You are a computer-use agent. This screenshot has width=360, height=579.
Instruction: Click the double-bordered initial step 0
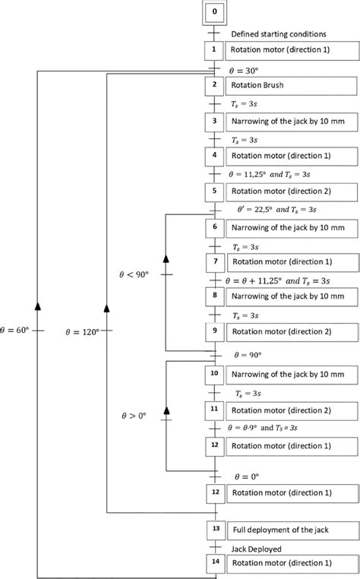214,12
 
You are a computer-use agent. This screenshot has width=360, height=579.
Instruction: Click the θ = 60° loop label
17,331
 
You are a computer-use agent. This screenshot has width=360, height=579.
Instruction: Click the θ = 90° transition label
247,354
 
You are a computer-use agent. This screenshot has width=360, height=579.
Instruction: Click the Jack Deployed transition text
257,547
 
